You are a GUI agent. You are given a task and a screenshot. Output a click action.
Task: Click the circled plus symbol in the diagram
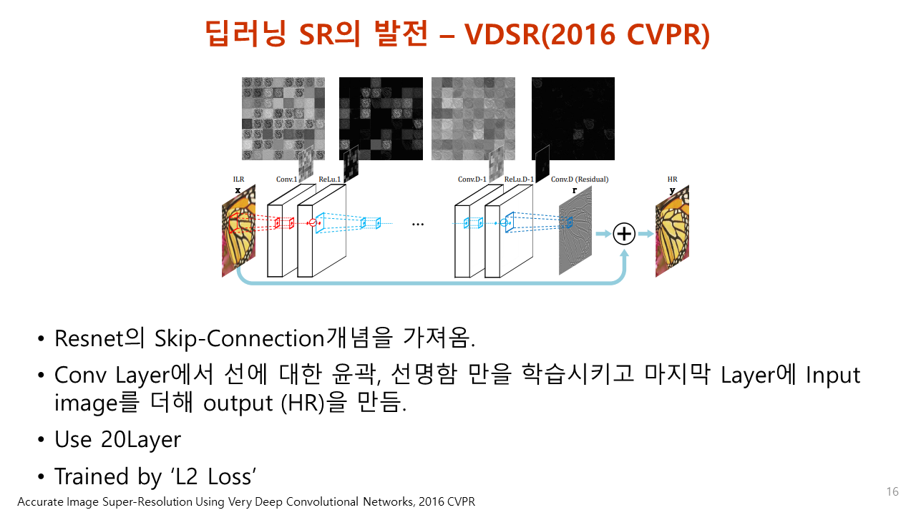click(x=625, y=233)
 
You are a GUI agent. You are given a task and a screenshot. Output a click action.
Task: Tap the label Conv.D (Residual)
click(x=579, y=180)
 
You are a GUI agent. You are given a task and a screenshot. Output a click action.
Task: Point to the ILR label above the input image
click(x=238, y=180)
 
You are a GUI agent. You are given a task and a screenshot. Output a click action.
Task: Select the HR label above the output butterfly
click(x=672, y=180)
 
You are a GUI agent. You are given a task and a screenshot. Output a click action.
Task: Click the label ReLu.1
click(x=329, y=180)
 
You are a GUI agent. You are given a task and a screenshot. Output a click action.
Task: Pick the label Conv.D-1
click(x=472, y=180)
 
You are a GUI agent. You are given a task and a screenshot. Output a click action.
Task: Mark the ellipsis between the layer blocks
click(x=418, y=224)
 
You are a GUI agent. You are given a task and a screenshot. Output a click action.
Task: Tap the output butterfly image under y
click(x=672, y=231)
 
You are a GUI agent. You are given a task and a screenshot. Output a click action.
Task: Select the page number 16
click(x=892, y=491)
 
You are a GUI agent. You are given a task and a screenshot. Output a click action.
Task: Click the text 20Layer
click(x=142, y=439)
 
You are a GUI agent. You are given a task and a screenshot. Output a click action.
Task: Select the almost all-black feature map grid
click(x=572, y=118)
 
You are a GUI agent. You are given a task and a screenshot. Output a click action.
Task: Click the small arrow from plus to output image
click(x=645, y=233)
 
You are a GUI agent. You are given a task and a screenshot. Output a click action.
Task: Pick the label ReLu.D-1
click(x=520, y=180)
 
